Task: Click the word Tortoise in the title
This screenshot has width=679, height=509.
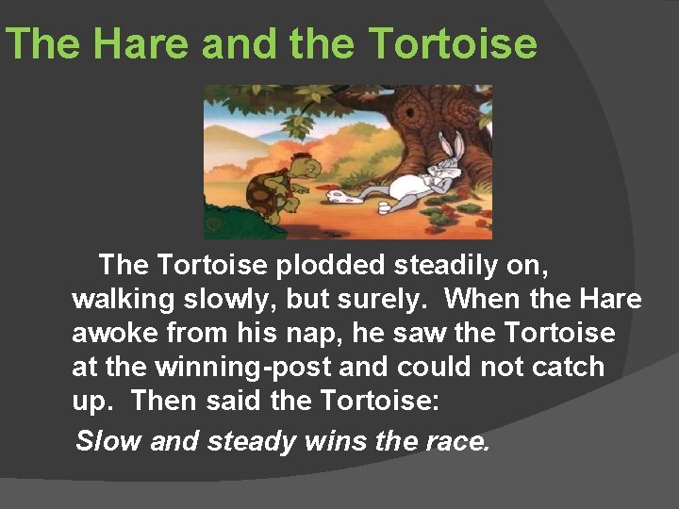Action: point(454,44)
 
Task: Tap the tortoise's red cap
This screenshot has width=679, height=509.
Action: point(302,157)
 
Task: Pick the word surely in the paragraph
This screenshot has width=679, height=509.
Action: point(384,300)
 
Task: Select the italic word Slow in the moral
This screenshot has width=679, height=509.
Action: point(108,440)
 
